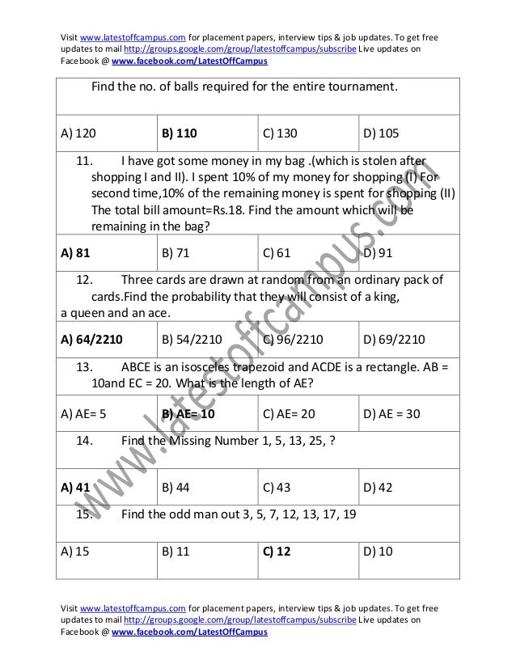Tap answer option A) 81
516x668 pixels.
pyautogui.click(x=74, y=252)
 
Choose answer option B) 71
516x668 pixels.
pyautogui.click(x=176, y=252)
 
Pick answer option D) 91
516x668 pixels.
pyautogui.click(x=379, y=252)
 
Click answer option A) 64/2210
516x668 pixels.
pyautogui.click(x=94, y=337)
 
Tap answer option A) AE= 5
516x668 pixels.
pyautogui.click(x=84, y=415)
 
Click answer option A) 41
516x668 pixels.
pyautogui.click(x=74, y=487)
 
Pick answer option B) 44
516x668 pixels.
pyautogui.click(x=176, y=487)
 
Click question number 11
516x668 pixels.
pyautogui.click(x=84, y=159)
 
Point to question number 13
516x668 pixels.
pyautogui.click(x=84, y=363)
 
